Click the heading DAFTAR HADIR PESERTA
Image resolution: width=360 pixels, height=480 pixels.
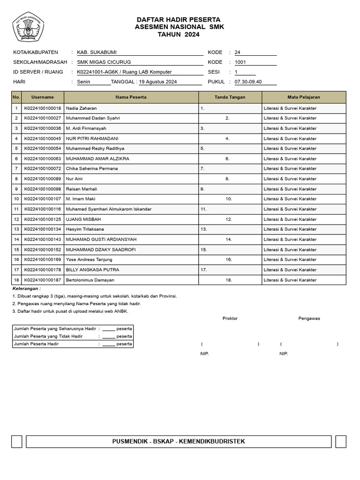[179, 20]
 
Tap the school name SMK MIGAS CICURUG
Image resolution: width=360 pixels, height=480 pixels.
[104, 62]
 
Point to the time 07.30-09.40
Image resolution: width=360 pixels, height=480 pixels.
[248, 82]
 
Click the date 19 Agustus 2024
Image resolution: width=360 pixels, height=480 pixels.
[158, 82]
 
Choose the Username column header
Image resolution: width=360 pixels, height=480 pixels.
[43, 97]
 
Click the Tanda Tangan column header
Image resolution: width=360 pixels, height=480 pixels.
[230, 97]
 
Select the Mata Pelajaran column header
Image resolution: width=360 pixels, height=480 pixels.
[304, 97]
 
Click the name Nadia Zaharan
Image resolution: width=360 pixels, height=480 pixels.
[81, 108]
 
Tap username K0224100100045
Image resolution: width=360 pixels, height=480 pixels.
[43, 139]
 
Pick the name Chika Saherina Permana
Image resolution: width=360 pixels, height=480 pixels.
[92, 169]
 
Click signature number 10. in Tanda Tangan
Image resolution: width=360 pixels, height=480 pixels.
[229, 199]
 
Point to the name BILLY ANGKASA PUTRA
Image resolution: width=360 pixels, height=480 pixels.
[92, 270]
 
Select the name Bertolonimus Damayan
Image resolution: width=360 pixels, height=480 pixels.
[90, 280]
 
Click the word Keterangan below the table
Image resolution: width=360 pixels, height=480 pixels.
[26, 289]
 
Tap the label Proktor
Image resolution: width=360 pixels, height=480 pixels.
[230, 319]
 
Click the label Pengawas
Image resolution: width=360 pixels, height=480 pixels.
[309, 319]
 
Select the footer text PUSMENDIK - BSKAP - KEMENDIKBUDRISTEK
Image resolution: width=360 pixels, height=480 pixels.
[179, 442]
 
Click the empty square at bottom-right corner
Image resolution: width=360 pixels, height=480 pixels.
[341, 442]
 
